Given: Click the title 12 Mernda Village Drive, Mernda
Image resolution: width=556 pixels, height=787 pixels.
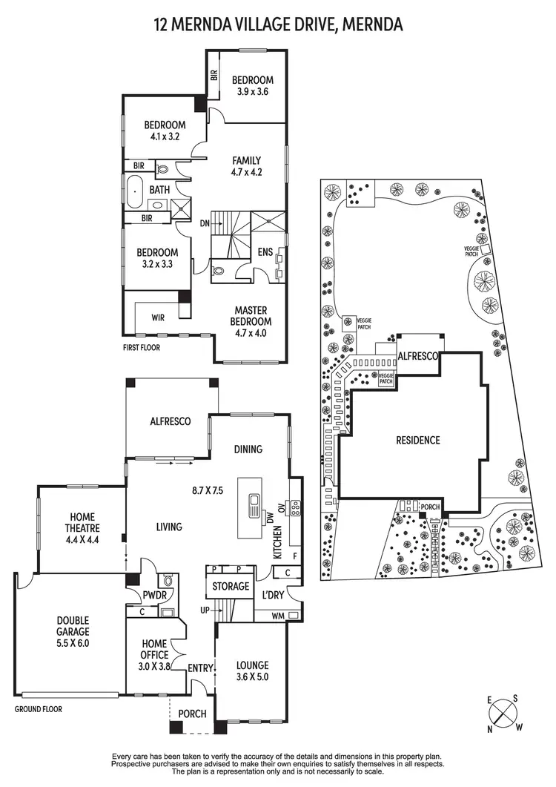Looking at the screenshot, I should click(x=278, y=24).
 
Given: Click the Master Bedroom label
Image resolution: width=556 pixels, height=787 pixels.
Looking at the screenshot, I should click(x=252, y=316).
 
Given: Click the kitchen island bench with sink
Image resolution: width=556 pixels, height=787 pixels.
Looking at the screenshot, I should click(x=252, y=507).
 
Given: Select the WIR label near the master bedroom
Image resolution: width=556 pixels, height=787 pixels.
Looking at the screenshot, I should click(x=157, y=318).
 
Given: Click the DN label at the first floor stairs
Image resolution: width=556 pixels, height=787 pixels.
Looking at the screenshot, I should click(x=205, y=223).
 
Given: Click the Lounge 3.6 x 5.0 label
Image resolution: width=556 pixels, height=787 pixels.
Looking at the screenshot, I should click(x=252, y=671).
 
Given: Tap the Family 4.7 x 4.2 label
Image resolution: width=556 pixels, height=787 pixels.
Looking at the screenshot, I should click(x=246, y=165).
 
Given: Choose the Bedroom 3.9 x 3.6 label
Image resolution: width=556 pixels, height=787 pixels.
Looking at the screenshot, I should click(x=252, y=86).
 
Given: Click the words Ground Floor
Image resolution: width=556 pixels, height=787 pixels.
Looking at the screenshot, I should click(x=39, y=709).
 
